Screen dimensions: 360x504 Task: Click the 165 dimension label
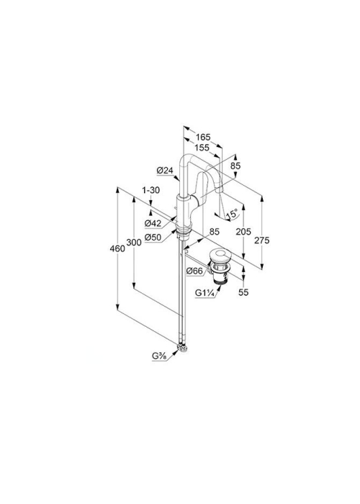click(203, 138)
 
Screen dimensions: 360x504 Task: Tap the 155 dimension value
click(202, 148)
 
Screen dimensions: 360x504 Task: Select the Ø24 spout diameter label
click(165, 171)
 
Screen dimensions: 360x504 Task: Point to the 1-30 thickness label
click(151, 190)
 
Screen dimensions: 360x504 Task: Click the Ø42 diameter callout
click(153, 222)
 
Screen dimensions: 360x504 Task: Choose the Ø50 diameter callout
click(153, 238)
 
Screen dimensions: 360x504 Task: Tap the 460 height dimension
click(117, 248)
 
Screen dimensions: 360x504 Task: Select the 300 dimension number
click(134, 242)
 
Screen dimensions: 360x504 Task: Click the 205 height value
click(243, 231)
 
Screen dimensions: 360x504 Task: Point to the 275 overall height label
click(262, 240)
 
